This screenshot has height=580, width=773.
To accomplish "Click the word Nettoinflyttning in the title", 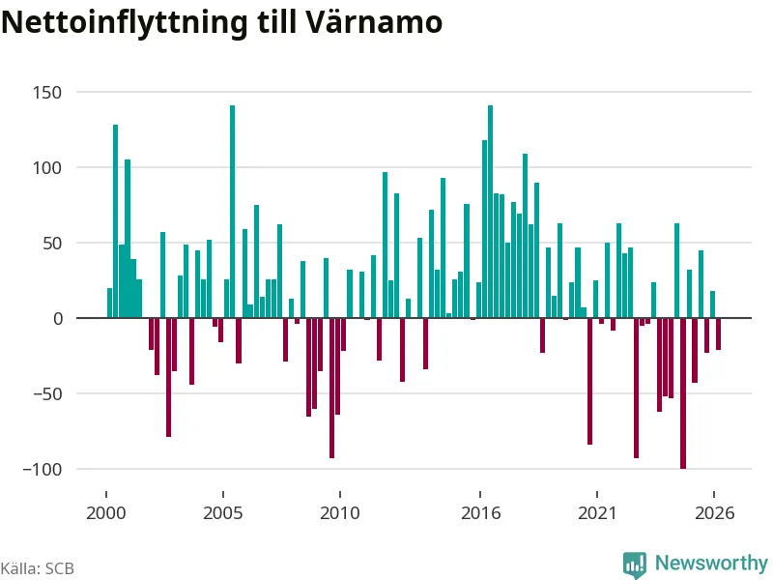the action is [125, 22].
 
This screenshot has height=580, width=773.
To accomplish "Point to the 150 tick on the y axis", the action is [47, 92].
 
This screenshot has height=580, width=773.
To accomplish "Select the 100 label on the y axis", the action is [47, 167].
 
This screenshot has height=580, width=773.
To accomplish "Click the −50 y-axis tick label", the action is [47, 394].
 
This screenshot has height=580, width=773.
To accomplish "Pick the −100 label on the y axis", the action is [43, 470].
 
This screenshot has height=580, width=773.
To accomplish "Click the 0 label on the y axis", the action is [58, 319].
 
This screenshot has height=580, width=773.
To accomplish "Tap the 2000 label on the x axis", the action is [106, 513].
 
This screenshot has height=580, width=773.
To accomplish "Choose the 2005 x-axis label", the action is [223, 513].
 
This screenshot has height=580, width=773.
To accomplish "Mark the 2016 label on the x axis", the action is [480, 513].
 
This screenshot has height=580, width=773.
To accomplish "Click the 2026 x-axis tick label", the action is [714, 513].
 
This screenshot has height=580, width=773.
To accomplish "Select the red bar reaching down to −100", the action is [683, 393].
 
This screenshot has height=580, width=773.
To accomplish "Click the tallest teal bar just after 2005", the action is [233, 212].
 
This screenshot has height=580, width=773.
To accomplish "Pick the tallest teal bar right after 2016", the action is [491, 212].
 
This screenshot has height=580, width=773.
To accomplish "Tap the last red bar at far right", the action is [718, 333].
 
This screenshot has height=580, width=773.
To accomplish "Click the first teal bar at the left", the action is [109, 303].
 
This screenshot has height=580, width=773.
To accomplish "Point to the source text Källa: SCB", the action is [38, 568].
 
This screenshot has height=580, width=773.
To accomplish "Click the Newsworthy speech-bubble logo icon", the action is [635, 564].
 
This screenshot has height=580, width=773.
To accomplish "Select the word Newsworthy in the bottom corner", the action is [711, 563].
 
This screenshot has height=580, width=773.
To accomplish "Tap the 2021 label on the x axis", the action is [597, 513].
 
